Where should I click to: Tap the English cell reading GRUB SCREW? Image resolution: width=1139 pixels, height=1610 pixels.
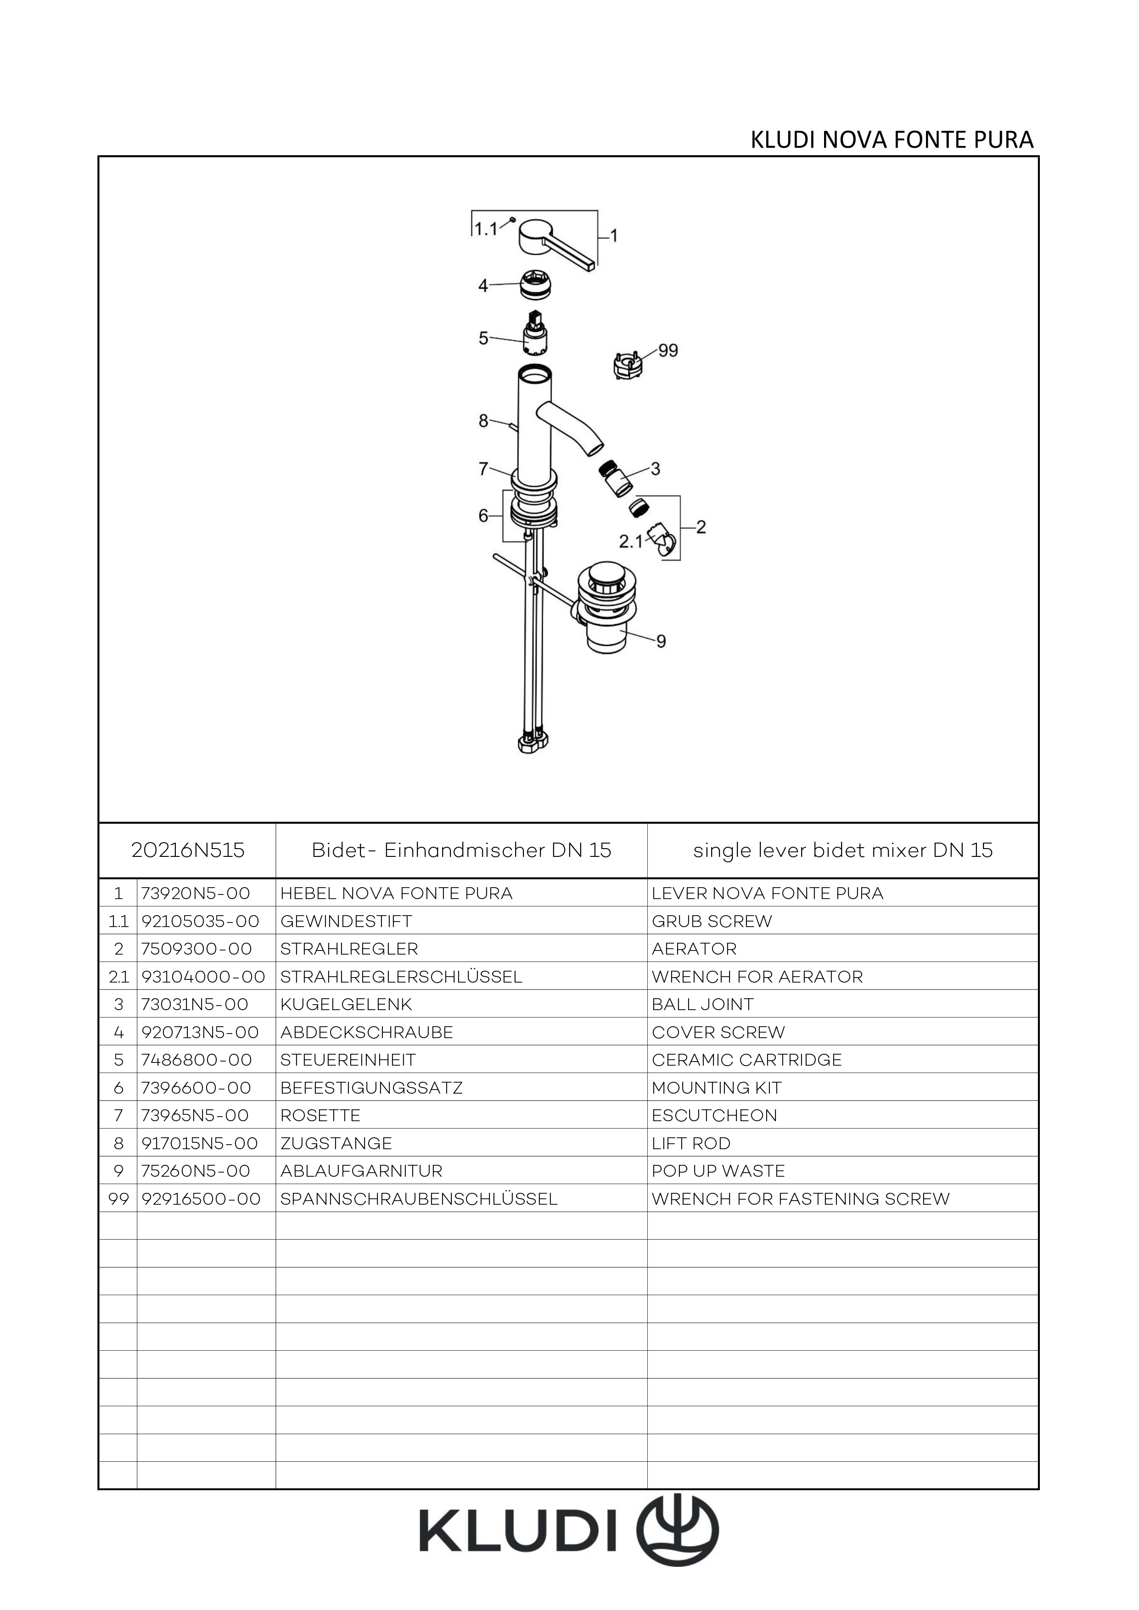coord(712,922)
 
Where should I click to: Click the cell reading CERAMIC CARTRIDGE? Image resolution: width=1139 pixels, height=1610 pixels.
coord(747,1060)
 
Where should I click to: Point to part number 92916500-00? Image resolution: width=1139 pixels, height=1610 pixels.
coord(201,1199)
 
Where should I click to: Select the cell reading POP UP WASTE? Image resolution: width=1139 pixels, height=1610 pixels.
coord(718,1171)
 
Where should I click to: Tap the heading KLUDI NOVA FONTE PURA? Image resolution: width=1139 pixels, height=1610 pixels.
coord(892,140)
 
